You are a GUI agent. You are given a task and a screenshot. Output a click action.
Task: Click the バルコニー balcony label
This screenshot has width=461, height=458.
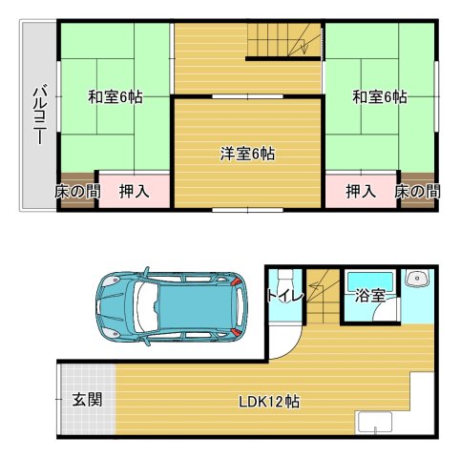pyautogui.click(x=39, y=113)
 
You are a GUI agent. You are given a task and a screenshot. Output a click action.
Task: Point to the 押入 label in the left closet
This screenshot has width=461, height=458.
pyautogui.click(x=134, y=191)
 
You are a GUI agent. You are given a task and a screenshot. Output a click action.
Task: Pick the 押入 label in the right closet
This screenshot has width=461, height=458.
pyautogui.click(x=360, y=191)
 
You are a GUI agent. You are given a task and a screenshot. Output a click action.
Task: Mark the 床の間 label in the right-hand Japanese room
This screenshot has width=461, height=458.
pyautogui.click(x=418, y=191)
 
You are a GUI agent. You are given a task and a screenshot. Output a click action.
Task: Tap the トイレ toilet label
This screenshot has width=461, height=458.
pyautogui.click(x=284, y=297)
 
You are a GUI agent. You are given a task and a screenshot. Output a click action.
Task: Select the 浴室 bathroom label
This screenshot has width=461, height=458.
pyautogui.click(x=369, y=297)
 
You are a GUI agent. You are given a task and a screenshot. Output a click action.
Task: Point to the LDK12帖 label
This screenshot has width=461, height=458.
pyautogui.click(x=269, y=402)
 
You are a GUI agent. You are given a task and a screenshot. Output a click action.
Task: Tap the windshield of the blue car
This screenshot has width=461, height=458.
pyautogui.click(x=142, y=306)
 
